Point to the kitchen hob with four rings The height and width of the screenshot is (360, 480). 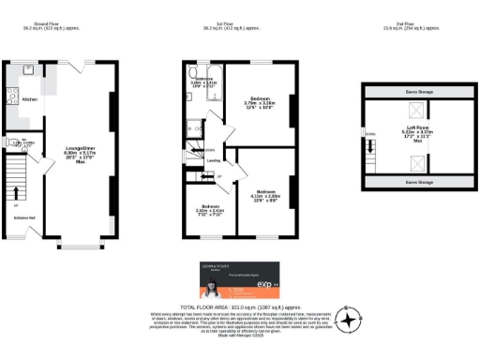(x=9, y=96)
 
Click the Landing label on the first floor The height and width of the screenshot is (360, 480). (x=213, y=160)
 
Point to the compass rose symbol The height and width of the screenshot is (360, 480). (x=348, y=320)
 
